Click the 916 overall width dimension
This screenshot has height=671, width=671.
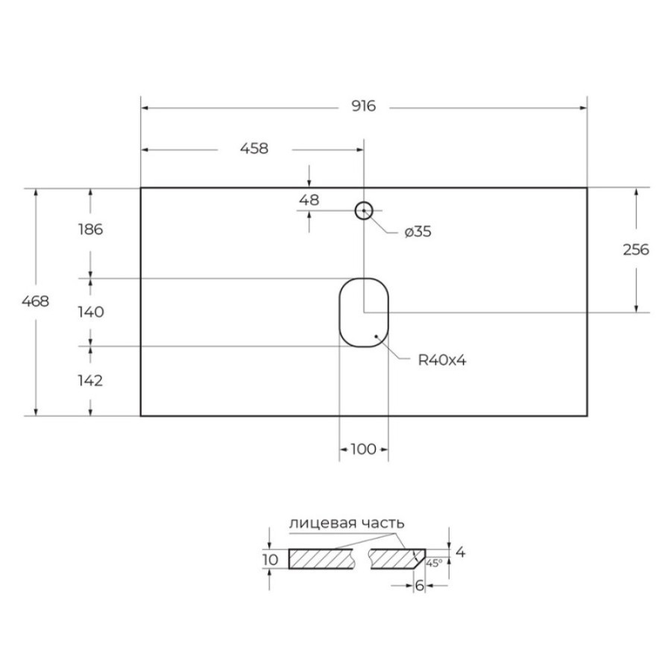click(364, 106)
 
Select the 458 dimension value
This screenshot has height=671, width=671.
click(254, 148)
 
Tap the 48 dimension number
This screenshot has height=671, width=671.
click(309, 200)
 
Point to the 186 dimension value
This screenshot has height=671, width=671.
click(91, 230)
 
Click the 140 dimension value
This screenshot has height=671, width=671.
click(91, 312)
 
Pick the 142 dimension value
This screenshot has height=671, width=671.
click(90, 380)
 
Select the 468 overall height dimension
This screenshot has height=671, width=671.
click(36, 301)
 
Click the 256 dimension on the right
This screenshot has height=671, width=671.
click(636, 250)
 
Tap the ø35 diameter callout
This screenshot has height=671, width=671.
click(418, 232)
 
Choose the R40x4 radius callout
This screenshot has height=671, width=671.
click(442, 360)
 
